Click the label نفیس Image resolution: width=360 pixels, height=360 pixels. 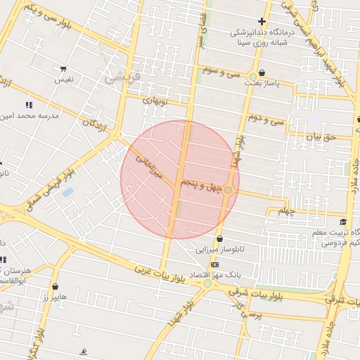point(64,80)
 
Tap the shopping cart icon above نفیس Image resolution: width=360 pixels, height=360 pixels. point(64,70)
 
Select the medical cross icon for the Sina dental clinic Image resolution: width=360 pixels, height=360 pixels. point(262,22)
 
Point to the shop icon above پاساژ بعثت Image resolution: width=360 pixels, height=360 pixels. point(262,72)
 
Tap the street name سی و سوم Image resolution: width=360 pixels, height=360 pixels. point(222,71)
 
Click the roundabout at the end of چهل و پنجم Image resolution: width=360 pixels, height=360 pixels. point(229,190)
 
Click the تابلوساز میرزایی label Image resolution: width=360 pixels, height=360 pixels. point(219,250)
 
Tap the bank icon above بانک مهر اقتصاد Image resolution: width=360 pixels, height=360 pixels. point(214,264)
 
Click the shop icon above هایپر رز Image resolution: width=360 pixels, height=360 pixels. point(55,286)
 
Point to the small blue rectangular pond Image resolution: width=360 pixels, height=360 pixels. point(68,192)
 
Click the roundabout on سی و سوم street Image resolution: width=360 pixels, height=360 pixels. point(252,77)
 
